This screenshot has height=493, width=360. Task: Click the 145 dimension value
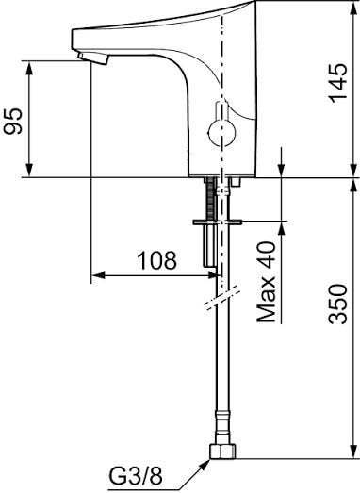[x=338, y=83]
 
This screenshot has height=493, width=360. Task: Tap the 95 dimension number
[x=12, y=122]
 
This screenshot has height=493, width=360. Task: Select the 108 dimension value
[x=157, y=260]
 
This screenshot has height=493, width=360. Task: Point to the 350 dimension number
[x=338, y=304]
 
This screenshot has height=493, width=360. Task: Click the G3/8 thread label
[x=136, y=476]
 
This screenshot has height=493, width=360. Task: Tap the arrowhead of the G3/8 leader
[x=205, y=464]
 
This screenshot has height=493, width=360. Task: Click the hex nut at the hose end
[x=222, y=452]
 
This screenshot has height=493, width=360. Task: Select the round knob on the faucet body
[x=222, y=133]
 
